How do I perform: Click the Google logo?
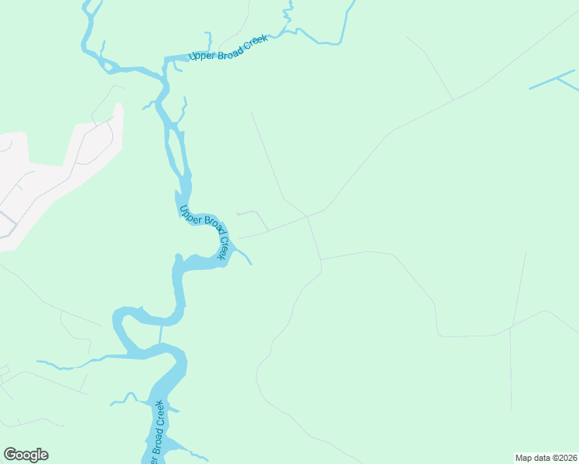(x=26, y=455)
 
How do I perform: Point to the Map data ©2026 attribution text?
(x=546, y=458)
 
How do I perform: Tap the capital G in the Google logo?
(x=11, y=454)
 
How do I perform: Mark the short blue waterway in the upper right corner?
(x=553, y=80)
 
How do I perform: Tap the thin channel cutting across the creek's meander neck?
(x=161, y=334)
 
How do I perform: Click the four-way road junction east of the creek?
(x=308, y=217)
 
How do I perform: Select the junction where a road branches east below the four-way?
(x=321, y=258)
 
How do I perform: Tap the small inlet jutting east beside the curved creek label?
(x=242, y=256)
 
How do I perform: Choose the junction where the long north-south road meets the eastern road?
(x=511, y=327)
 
